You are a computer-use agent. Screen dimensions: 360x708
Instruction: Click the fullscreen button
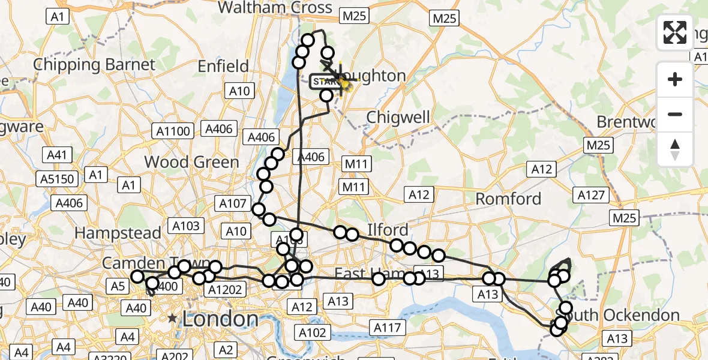[675, 32]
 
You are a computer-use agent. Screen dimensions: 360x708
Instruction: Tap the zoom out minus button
[675, 114]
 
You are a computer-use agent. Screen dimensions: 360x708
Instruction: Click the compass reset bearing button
[675, 149]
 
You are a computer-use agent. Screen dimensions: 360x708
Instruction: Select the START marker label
[325, 82]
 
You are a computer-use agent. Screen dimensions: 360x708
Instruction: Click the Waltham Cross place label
[275, 8]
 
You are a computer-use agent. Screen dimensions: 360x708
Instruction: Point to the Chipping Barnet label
[94, 64]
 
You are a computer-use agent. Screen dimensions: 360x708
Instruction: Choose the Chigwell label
[398, 116]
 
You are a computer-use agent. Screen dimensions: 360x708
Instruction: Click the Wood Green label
[191, 161]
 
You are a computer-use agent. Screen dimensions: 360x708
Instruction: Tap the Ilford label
[388, 230]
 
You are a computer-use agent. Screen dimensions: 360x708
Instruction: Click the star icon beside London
[173, 319]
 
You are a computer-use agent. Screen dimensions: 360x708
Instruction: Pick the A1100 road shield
[173, 131]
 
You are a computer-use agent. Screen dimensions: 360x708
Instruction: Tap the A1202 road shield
[223, 290]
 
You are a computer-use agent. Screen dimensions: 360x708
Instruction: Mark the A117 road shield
[386, 328]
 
